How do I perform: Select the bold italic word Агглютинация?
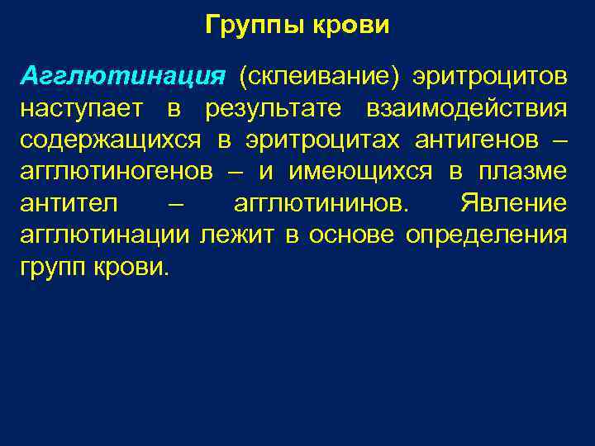pos(123,77)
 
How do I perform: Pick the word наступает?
pos(81,109)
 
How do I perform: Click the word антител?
pos(69,203)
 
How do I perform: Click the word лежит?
pos(237,235)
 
